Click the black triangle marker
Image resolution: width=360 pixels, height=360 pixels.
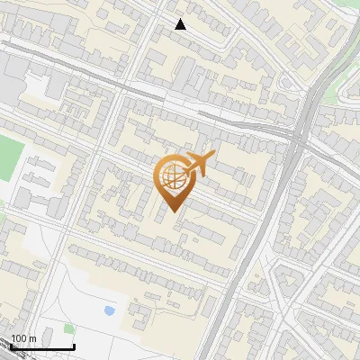[180, 24]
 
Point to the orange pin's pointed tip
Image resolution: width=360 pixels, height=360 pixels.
[171, 212]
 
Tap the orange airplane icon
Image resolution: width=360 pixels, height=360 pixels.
[196, 165]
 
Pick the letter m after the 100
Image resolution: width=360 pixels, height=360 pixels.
[32, 338]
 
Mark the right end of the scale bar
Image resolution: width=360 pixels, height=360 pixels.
[74, 346]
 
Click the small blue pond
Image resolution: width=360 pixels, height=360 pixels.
[109, 310]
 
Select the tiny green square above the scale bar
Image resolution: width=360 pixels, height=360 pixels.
[68, 328]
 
